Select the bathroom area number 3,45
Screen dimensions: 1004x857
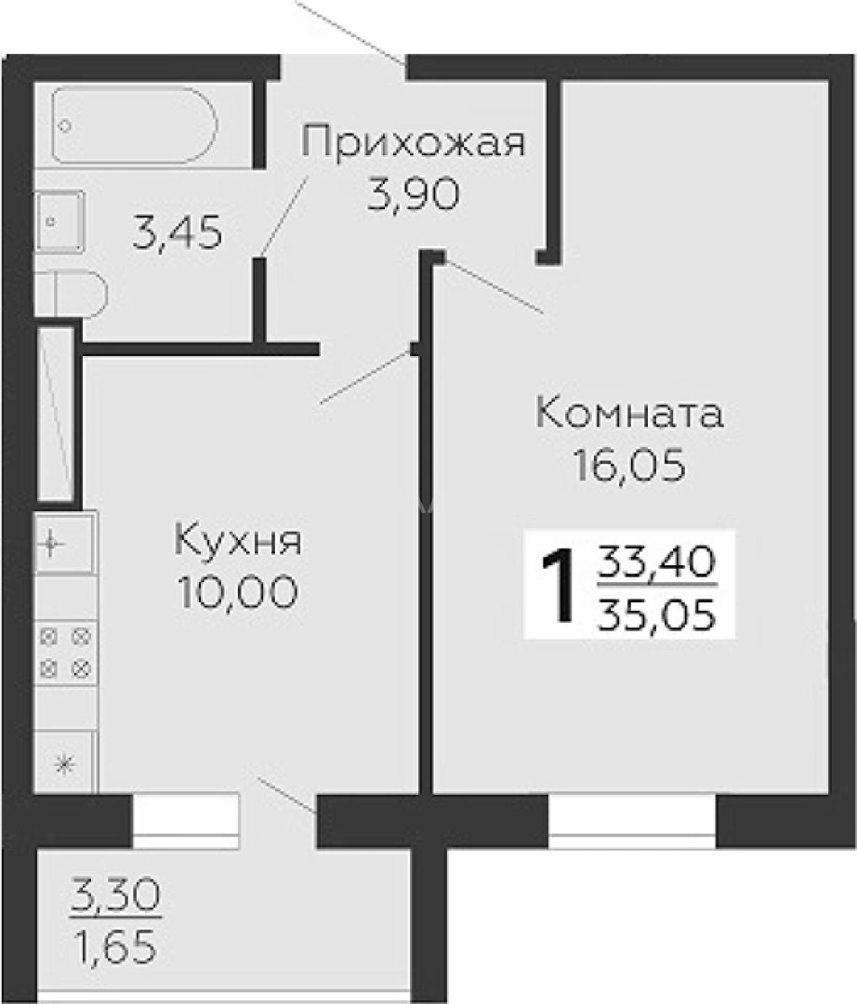pyautogui.click(x=178, y=233)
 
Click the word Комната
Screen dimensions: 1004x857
pyautogui.click(x=629, y=414)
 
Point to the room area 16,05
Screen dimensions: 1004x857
pyautogui.click(x=629, y=465)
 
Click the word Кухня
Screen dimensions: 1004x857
pyautogui.click(x=238, y=540)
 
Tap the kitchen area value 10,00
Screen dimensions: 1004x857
pyautogui.click(x=238, y=591)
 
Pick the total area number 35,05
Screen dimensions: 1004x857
pyautogui.click(x=657, y=614)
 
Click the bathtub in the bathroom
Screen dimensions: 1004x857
pyautogui.click(x=135, y=125)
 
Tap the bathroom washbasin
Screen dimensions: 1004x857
pyautogui.click(x=59, y=221)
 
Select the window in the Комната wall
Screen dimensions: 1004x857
pyautogui.click(x=632, y=820)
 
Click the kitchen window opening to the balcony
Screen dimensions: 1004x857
pyautogui.click(x=186, y=816)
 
